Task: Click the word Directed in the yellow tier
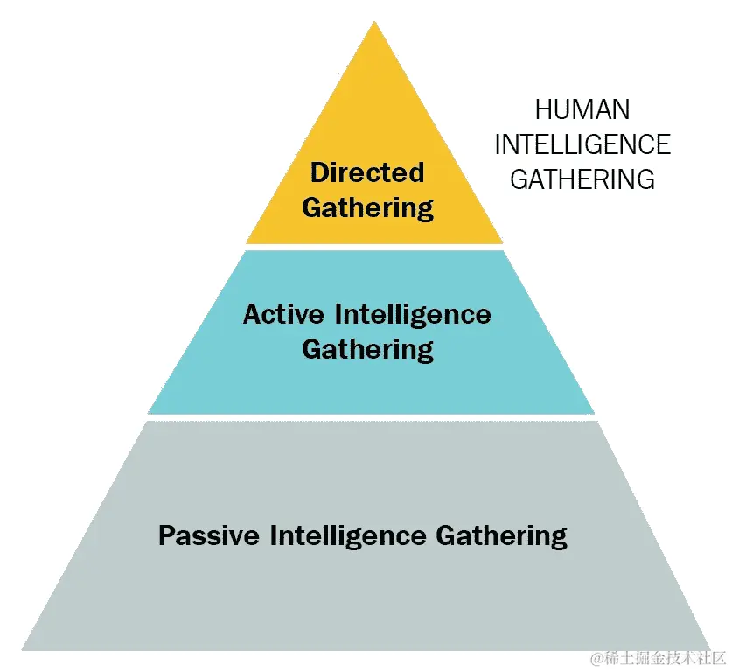tap(367, 172)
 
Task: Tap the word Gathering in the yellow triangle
tap(367, 208)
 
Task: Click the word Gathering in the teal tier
tap(367, 350)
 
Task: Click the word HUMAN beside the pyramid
tap(582, 110)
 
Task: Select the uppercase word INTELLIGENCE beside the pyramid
tap(582, 144)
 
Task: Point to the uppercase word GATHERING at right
tap(582, 179)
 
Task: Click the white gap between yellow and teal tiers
tap(374, 247)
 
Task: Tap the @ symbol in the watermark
tap(596, 658)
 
